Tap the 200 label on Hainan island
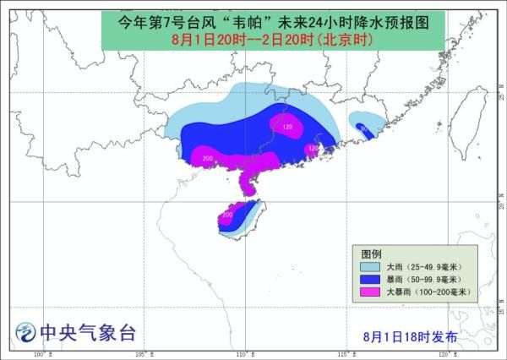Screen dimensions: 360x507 pyautogui.click(x=226, y=215)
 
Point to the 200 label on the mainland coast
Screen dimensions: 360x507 pyautogui.click(x=206, y=158)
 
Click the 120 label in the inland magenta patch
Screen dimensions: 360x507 pyautogui.click(x=287, y=128)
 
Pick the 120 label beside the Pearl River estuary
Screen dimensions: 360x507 pyautogui.click(x=313, y=148)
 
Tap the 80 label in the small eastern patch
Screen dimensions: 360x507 pyautogui.click(x=363, y=128)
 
